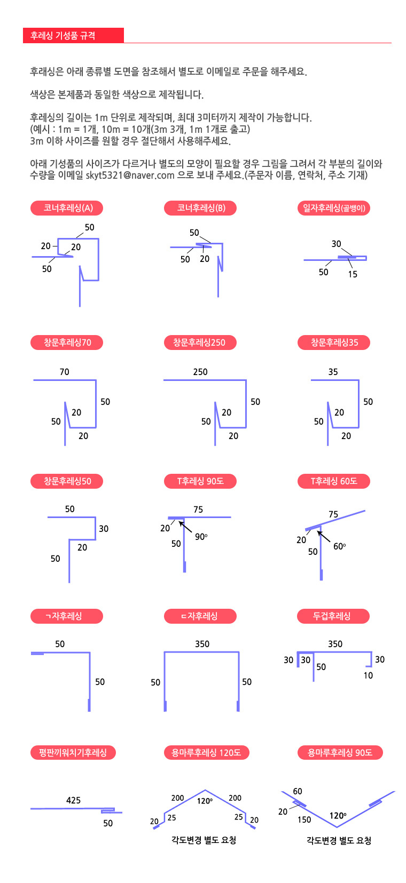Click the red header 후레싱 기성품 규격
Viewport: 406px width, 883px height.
point(73,35)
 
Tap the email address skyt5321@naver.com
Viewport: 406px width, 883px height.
point(130,176)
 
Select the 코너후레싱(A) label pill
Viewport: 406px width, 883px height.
point(67,208)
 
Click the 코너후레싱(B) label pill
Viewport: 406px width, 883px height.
point(200,208)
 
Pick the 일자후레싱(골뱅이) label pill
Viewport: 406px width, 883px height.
point(334,208)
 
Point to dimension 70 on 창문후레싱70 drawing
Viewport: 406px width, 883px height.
point(64,372)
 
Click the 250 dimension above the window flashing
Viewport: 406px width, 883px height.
point(200,372)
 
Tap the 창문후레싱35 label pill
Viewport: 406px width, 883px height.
point(334,343)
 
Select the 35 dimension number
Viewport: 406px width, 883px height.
point(333,372)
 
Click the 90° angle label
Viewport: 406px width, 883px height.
point(201,537)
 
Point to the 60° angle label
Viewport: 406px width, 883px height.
point(340,546)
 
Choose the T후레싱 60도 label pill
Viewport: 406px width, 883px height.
point(334,481)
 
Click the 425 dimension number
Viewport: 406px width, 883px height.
point(73,800)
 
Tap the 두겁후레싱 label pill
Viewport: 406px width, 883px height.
point(333,616)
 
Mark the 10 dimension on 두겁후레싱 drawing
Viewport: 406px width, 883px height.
point(368,675)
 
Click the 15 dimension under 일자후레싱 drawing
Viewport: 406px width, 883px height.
point(353,274)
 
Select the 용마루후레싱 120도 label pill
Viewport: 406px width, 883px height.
point(206,752)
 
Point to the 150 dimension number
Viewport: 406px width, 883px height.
point(304,820)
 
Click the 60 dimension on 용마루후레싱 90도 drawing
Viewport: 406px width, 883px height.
point(298,791)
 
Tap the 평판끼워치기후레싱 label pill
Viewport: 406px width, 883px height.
point(73,752)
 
